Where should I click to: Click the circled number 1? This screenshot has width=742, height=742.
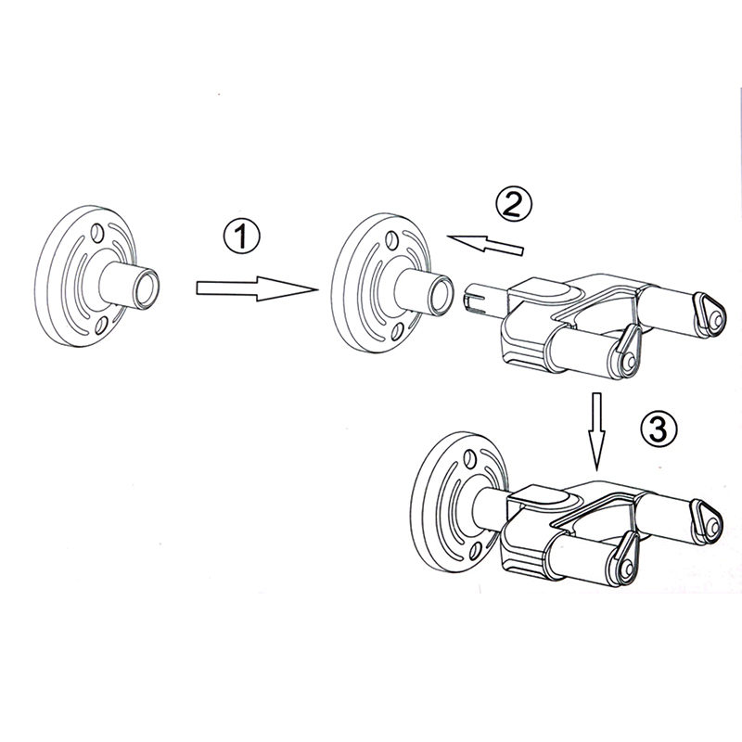click(242, 236)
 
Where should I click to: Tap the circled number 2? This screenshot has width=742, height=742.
click(514, 203)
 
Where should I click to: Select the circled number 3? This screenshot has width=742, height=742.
click(659, 429)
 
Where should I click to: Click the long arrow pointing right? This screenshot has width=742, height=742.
click(257, 288)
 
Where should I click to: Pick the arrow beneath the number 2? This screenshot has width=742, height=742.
click(486, 244)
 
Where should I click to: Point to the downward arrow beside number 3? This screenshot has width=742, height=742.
click(596, 431)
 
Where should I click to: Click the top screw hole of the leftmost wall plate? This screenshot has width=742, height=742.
click(98, 231)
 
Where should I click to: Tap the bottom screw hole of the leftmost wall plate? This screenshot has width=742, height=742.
click(101, 326)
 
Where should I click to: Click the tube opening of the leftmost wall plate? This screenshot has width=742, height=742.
click(147, 288)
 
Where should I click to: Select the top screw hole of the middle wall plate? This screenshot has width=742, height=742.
click(391, 239)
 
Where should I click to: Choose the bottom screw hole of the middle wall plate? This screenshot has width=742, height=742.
click(397, 331)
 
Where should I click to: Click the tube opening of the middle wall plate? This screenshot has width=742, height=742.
click(441, 295)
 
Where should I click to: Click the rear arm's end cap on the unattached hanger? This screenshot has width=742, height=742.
click(710, 313)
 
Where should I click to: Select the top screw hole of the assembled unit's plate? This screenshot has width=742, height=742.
click(470, 457)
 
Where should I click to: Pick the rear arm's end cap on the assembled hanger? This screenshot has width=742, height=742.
click(707, 519)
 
